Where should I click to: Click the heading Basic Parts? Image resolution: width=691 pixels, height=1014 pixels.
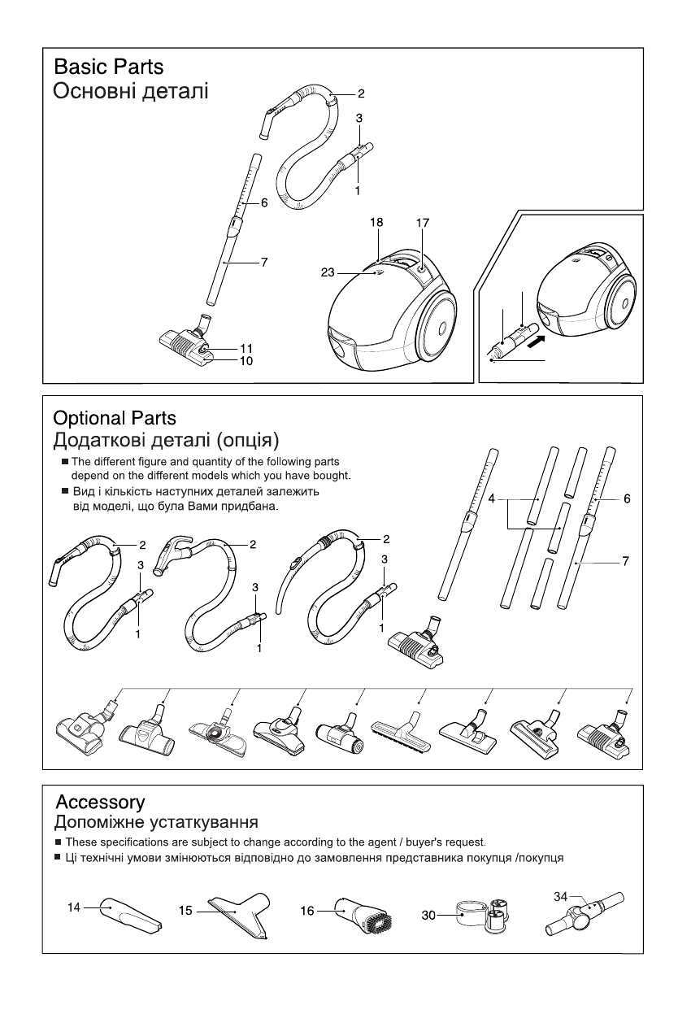[x=108, y=67]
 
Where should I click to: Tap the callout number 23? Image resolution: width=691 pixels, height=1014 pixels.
[x=328, y=274]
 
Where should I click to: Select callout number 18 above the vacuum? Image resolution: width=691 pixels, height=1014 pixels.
[x=376, y=222]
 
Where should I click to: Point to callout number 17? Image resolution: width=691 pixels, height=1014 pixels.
[x=423, y=222]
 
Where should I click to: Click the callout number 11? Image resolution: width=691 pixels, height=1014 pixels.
[x=246, y=348]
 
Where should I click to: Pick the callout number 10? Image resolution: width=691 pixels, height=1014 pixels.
[x=246, y=360]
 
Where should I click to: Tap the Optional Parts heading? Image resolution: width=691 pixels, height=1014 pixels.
[x=114, y=419]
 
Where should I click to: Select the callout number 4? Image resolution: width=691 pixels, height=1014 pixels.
[x=493, y=498]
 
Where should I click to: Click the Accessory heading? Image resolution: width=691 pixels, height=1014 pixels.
[x=99, y=803]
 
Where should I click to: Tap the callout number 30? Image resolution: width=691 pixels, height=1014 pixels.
[x=428, y=915]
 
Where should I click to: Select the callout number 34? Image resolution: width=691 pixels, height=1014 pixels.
[x=560, y=896]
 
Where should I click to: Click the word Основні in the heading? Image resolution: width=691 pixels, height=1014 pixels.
[x=85, y=90]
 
